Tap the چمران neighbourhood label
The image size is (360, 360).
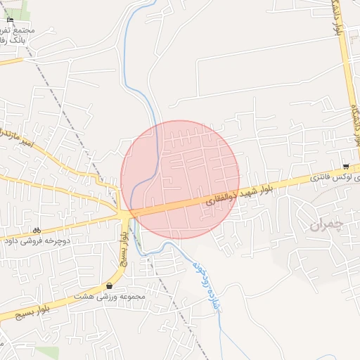point(324,224)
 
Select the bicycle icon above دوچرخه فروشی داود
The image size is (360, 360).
point(37,230)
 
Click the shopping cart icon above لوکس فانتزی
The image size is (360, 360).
point(345,167)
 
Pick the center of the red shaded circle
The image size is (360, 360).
point(181,180)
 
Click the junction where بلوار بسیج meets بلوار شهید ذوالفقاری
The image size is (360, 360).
point(125,212)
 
